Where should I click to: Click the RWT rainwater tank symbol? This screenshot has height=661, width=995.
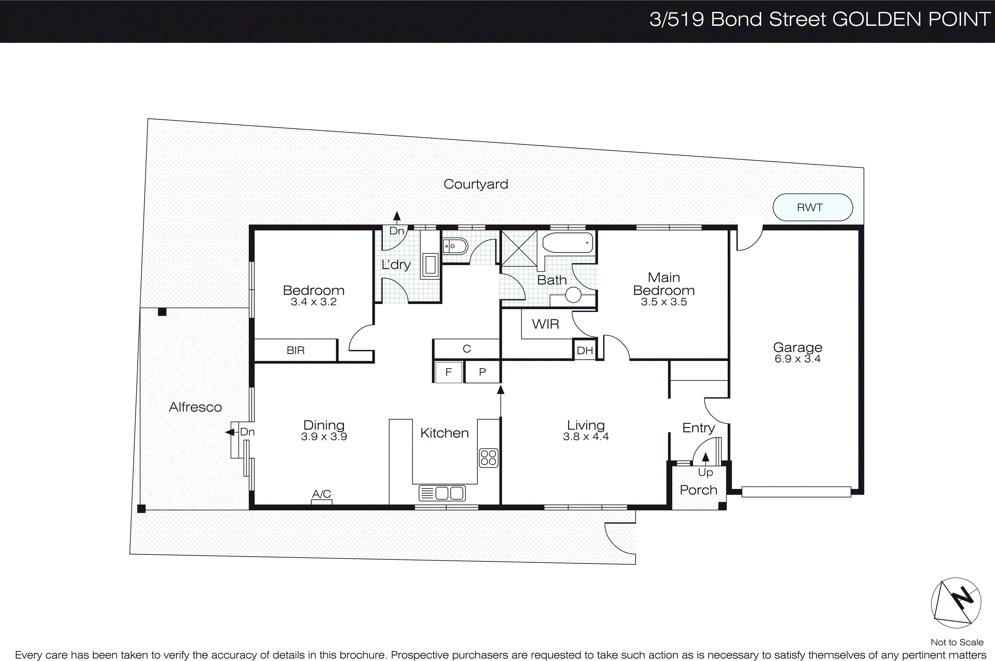tap(812, 207)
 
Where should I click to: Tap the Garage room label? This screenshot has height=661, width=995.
tap(797, 347)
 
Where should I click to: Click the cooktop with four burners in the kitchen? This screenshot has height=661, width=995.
tap(488, 458)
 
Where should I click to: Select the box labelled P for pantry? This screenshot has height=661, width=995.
tap(482, 372)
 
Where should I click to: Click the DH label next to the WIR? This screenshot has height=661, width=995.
tap(585, 350)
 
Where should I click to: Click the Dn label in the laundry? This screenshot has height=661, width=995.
tap(396, 231)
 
